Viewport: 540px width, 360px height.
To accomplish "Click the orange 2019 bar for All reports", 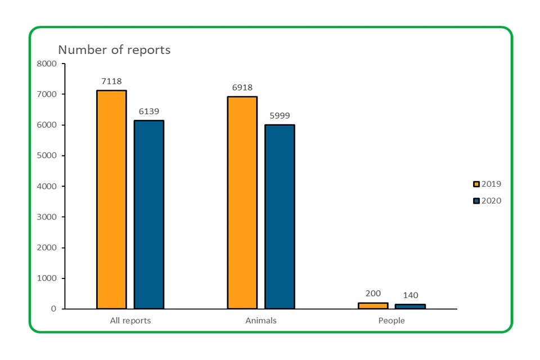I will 111,199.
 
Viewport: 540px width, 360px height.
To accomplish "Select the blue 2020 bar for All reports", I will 148,214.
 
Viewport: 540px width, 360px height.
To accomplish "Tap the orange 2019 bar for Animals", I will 242,202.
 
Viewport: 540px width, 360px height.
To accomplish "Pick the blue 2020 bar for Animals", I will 280,217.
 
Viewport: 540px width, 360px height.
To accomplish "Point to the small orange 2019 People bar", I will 373,305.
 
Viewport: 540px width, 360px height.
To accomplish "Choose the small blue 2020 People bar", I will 410,307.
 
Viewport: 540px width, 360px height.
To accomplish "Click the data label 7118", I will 111,82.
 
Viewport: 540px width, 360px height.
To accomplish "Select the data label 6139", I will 148,111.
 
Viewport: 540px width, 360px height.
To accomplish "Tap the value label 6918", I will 242,87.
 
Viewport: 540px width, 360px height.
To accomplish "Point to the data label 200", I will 373,294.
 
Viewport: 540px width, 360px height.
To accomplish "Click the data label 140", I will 410,295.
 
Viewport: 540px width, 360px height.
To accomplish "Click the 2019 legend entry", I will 488,184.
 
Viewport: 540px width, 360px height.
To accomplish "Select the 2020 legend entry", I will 488,201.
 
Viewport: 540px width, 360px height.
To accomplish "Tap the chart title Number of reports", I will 114,49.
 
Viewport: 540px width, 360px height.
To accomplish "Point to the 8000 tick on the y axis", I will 47,64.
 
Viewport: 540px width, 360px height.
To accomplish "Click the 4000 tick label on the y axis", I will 47,186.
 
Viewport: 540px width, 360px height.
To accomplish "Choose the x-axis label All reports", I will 130,321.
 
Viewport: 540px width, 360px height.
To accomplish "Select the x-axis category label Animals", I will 261,321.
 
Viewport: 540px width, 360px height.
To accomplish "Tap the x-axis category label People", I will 391,321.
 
